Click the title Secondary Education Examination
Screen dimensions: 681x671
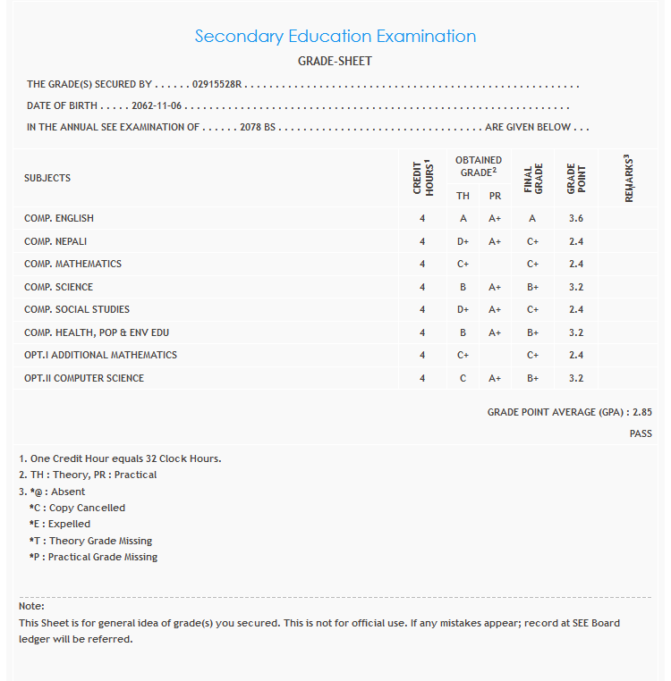335,37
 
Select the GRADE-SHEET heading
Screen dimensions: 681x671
335,62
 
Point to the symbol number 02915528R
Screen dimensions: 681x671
218,85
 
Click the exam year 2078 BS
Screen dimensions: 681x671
258,127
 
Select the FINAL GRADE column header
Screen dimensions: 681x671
533,178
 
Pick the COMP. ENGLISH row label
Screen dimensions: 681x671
59,218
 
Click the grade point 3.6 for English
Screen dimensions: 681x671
576,218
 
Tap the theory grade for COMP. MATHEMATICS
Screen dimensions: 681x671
463,264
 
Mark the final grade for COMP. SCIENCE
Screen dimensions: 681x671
533,287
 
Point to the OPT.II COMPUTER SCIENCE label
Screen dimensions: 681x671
84,378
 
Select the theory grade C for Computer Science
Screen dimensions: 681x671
463,378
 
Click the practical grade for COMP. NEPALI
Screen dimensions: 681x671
495,241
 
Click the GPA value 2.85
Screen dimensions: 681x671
642,412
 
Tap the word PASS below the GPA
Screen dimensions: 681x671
641,433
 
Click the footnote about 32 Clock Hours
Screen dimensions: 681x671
120,458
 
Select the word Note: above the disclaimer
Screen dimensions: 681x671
32,606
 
